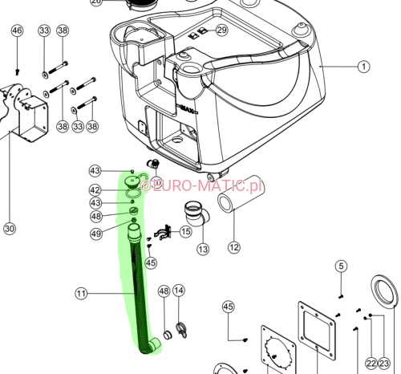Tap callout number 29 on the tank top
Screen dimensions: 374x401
pyautogui.click(x=221, y=30)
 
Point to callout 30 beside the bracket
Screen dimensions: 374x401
pyautogui.click(x=10, y=229)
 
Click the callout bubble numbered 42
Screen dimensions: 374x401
pyautogui.click(x=95, y=190)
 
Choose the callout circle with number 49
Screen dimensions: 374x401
pyautogui.click(x=95, y=234)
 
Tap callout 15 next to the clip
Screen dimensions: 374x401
pyautogui.click(x=186, y=232)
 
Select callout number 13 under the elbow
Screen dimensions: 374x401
pyautogui.click(x=203, y=250)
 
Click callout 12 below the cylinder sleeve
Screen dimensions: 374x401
pyautogui.click(x=234, y=247)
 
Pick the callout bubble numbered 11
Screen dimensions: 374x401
pyautogui.click(x=81, y=295)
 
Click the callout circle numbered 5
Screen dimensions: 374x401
pyautogui.click(x=341, y=266)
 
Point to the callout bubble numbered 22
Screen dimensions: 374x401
pyautogui.click(x=371, y=364)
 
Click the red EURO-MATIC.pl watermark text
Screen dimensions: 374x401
pyautogui.click(x=201, y=186)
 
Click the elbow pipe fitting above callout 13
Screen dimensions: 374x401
pyautogui.click(x=195, y=216)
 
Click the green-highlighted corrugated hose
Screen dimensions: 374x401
pyautogui.click(x=138, y=289)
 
